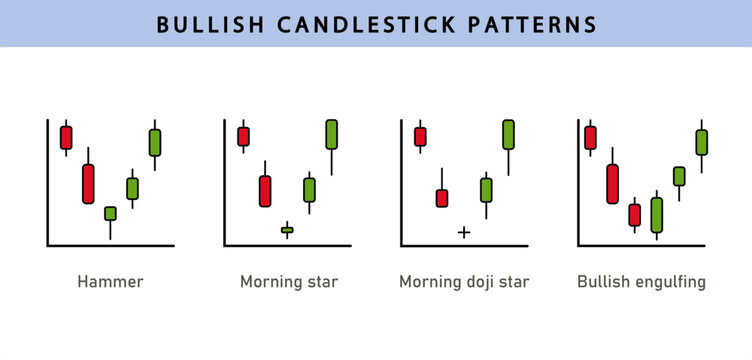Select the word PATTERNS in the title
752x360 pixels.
click(538, 24)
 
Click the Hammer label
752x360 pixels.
click(110, 282)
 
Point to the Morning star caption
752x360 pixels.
click(289, 282)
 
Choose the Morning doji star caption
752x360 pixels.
click(464, 282)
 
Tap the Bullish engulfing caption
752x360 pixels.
click(641, 282)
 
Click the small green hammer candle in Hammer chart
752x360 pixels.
click(110, 213)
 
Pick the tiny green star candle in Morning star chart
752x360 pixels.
click(287, 230)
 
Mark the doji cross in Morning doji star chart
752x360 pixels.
click(464, 232)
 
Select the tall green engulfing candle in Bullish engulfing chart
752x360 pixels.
click(656, 214)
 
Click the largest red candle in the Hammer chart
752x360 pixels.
click(88, 184)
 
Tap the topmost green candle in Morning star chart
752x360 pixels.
click(331, 134)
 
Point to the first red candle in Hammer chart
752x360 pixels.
click(66, 136)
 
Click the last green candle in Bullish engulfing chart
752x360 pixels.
click(701, 143)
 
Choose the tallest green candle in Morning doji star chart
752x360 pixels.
click(508, 135)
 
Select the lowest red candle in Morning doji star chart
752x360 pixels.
click(442, 198)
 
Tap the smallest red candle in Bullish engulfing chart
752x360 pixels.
click(634, 215)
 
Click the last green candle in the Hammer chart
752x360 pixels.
click(154, 142)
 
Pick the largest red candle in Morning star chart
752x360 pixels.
click(265, 190)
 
